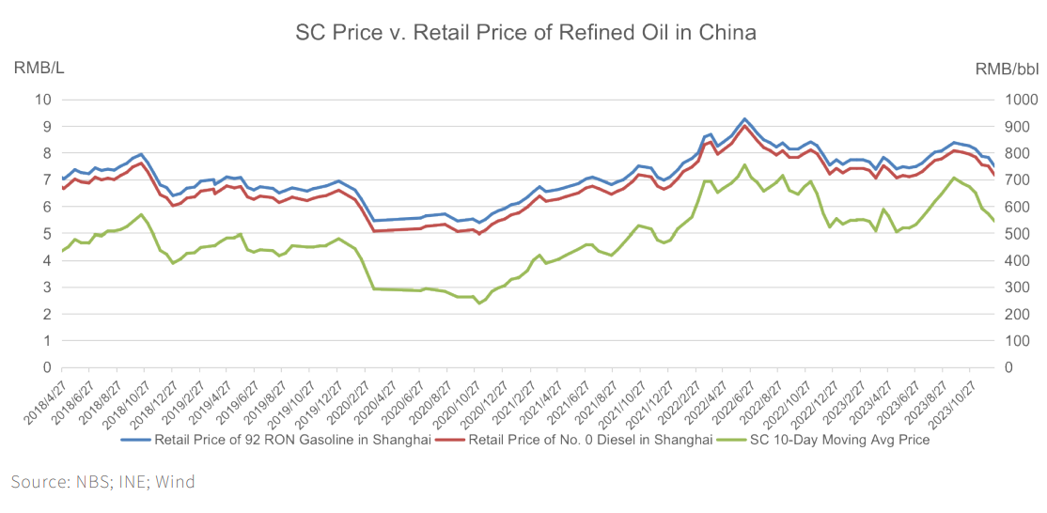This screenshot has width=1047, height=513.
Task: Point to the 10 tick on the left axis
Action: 41,100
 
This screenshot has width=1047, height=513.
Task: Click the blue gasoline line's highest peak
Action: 744,119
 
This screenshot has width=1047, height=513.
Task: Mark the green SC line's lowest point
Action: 478,303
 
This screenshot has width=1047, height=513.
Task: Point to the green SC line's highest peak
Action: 744,165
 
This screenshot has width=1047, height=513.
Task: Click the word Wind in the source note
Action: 175,482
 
